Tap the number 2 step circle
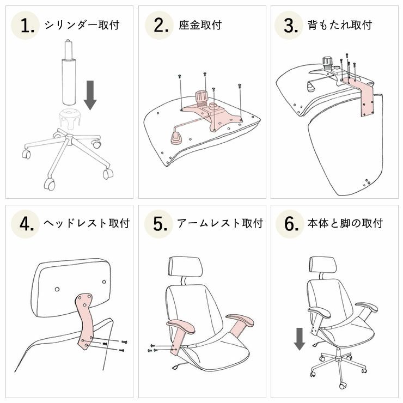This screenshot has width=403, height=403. (158, 26)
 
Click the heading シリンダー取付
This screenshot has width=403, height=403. (82, 25)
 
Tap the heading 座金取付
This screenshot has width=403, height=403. (200, 25)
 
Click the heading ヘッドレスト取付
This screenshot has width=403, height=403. (87, 224)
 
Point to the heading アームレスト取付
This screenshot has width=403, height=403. (219, 224)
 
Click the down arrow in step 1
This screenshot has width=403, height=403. (90, 95)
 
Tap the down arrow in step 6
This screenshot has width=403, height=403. (299, 338)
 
